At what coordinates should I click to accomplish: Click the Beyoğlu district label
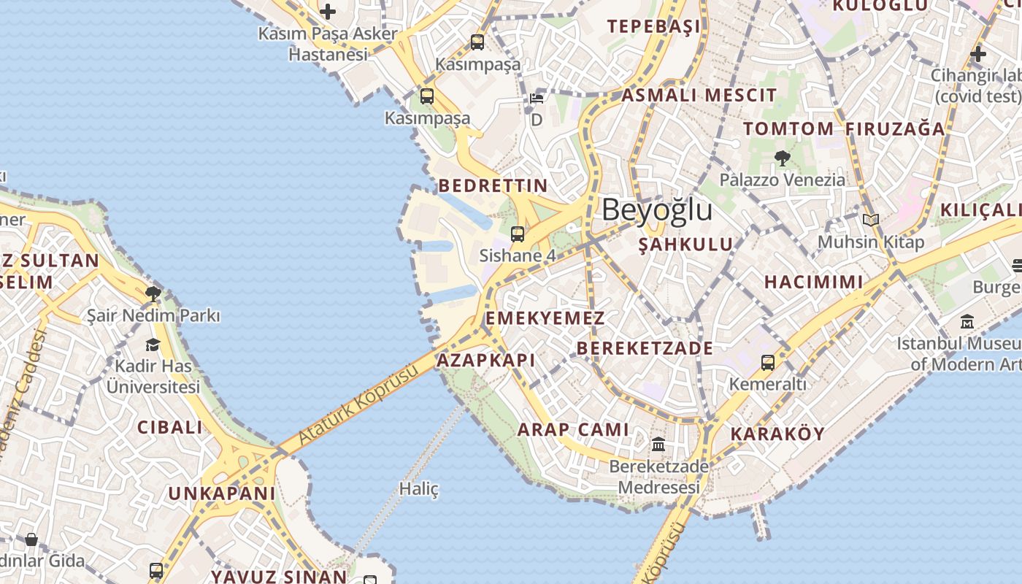[x=656, y=210]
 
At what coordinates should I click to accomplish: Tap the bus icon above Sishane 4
[x=518, y=234]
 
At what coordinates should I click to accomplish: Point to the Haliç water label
[x=419, y=488]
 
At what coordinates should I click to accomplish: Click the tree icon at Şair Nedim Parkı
[x=153, y=294]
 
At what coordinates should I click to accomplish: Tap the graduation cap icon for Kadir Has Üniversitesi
[x=153, y=345]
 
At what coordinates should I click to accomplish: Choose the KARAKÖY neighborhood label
[x=777, y=434]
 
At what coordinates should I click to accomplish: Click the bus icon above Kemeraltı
[x=767, y=362]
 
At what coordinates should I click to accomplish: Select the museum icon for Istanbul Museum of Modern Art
[x=967, y=321]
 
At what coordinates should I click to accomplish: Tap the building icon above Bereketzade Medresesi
[x=658, y=444]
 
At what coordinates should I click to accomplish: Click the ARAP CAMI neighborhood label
[x=573, y=429]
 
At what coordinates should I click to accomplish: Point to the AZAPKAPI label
[x=485, y=360]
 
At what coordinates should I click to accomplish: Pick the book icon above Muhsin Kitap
[x=870, y=220]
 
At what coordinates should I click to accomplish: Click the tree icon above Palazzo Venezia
[x=782, y=158]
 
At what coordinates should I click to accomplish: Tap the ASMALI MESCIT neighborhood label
[x=699, y=95]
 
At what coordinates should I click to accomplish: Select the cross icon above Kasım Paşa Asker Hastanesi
[x=328, y=11]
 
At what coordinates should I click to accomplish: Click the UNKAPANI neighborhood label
[x=222, y=493]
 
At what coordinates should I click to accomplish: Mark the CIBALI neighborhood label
[x=170, y=427]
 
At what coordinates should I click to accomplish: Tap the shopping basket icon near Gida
[x=31, y=539]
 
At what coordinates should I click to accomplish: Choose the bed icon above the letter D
[x=537, y=99]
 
